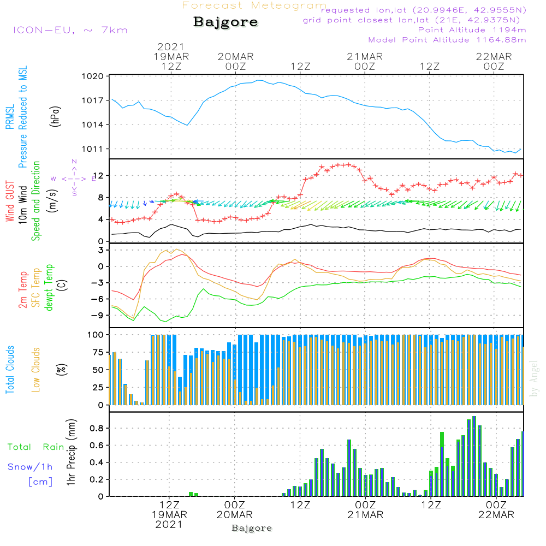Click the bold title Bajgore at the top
coord(225,22)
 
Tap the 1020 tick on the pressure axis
coord(93,76)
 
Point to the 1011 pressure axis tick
coord(93,149)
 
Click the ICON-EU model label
coord(70,30)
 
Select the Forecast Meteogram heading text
coord(254,5)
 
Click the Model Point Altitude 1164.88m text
coord(447,40)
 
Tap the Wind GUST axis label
coord(10,201)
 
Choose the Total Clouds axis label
coord(10,370)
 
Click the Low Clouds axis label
coord(36,370)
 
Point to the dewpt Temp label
coord(49,287)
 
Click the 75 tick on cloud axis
coord(98,352)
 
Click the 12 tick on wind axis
coord(98,175)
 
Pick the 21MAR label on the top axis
coord(365,57)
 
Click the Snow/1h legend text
coord(30,467)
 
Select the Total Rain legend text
coord(35,447)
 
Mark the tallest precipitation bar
coord(474,456)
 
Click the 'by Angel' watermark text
coord(534,378)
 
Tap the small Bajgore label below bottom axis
coord(252,528)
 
